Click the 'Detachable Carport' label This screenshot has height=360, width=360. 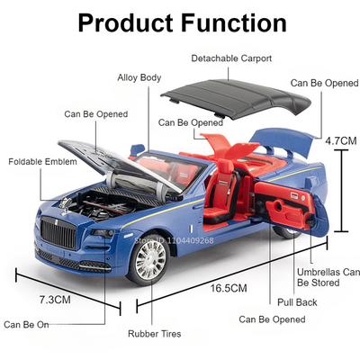click(231, 58)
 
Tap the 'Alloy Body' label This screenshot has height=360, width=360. click(139, 77)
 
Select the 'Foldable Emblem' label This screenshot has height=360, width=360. click(42, 162)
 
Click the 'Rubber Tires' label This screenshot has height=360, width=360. click(155, 334)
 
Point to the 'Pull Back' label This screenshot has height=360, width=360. click(297, 302)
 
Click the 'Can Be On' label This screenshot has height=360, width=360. click(26, 325)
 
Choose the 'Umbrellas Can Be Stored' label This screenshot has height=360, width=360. click(328, 277)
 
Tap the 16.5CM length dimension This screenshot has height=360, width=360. click(229, 288)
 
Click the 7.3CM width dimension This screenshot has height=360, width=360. click(55, 300)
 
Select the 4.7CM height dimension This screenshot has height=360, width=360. click(341, 140)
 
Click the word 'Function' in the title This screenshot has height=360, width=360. click(234, 22)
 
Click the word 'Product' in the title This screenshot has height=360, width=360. click(126, 22)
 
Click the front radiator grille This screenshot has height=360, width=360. click(58, 232)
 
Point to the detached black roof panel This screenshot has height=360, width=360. click(236, 97)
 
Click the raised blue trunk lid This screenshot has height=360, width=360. click(282, 141)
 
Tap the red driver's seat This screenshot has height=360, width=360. click(221, 195)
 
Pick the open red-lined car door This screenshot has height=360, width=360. click(290, 204)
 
